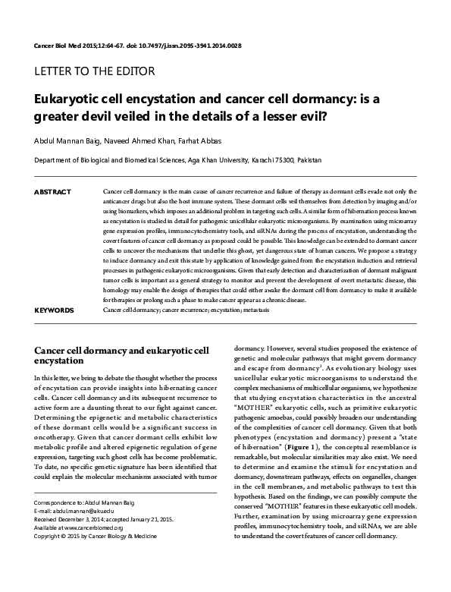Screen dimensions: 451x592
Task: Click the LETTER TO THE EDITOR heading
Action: pyautogui.click(x=96, y=71)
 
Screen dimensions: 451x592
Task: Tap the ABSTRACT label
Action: pyautogui.click(x=53, y=193)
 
